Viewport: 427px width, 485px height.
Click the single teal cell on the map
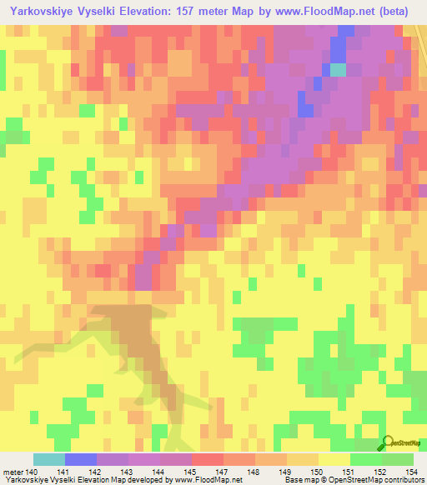[x=337, y=70]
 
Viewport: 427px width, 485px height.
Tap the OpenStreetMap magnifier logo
[x=387, y=445]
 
